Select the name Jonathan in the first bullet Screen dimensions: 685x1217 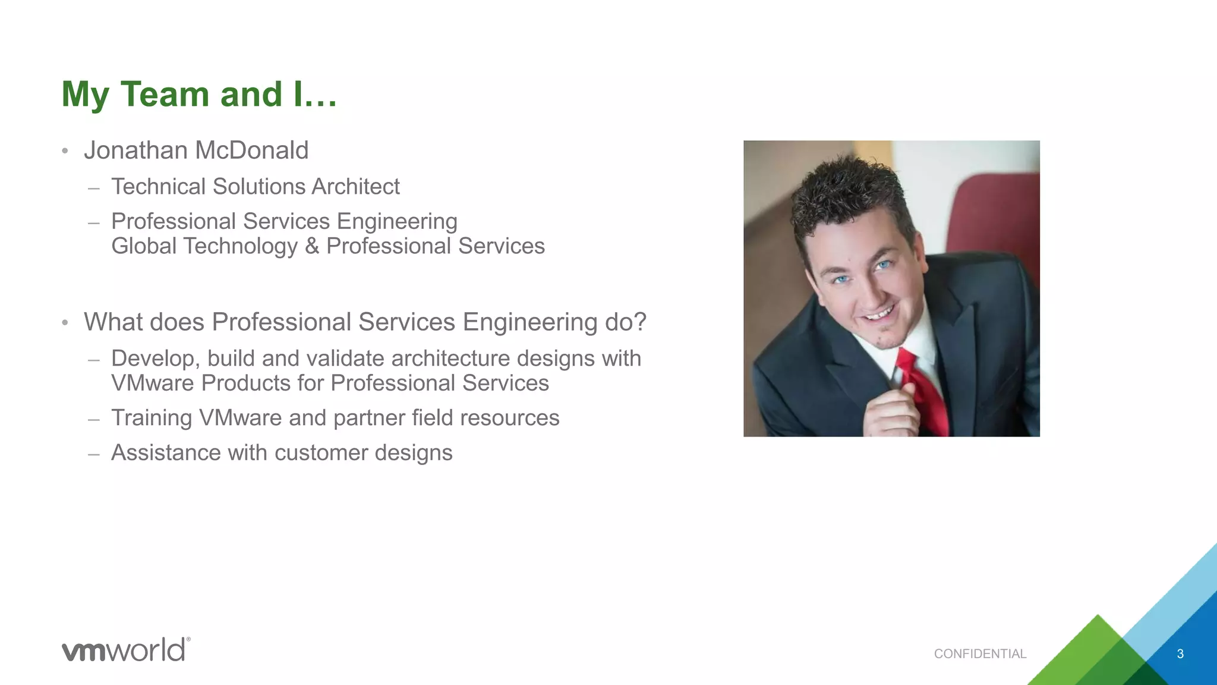pos(135,150)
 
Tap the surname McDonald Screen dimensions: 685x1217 pos(252,150)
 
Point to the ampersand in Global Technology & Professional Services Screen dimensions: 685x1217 pos(312,246)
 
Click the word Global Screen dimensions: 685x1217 pos(144,246)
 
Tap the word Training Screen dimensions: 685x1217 pos(152,418)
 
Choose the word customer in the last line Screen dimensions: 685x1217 pos(321,453)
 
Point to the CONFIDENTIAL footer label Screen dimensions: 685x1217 pos(980,654)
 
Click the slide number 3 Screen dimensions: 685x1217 pos(1180,654)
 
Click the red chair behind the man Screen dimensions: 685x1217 pos(998,214)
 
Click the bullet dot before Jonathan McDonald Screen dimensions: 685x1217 pos(65,151)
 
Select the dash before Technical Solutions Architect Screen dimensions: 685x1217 pos(93,188)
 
